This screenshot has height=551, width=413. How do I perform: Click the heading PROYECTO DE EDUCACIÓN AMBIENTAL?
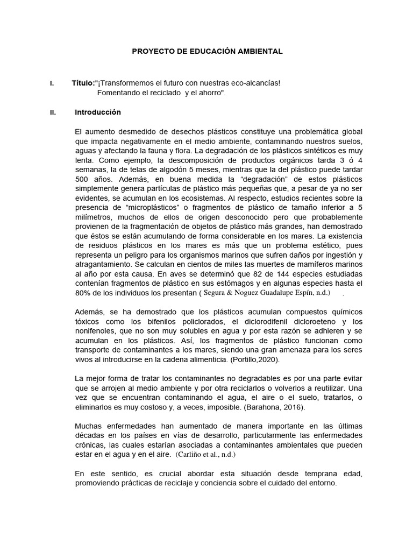pos(207,51)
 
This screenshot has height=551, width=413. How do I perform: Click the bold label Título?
pos(83,83)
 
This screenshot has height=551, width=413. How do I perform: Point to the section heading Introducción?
pos(98,112)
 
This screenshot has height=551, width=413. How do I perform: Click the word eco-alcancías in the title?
pos(258,83)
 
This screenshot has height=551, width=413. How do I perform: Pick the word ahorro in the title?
pos(208,93)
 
